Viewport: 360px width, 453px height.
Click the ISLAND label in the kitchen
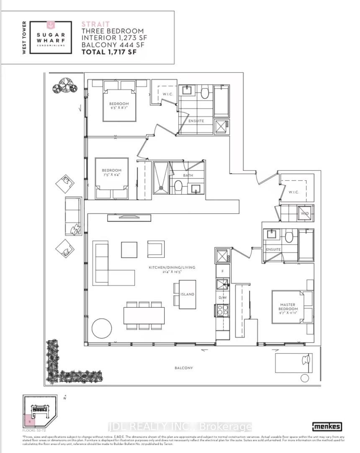[x=188, y=294]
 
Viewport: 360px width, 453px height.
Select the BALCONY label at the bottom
[x=184, y=368]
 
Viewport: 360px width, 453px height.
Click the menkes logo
[x=327, y=426]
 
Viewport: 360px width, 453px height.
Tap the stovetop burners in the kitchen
[x=221, y=310]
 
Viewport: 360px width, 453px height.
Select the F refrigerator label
[x=222, y=271]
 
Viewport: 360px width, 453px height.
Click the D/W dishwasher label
[x=222, y=298]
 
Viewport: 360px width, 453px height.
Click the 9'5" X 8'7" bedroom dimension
[x=119, y=108]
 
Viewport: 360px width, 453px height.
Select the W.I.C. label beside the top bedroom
[x=168, y=94]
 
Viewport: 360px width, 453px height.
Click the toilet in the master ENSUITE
[x=289, y=237]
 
